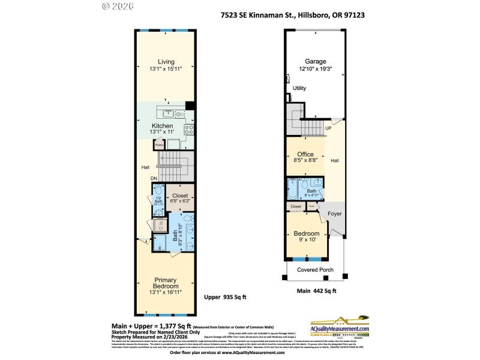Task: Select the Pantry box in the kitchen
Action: (159, 144)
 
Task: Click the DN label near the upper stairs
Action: (154, 178)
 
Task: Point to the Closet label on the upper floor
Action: (180, 196)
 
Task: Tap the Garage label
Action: (315, 61)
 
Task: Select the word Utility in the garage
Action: (299, 88)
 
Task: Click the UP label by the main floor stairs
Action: (328, 128)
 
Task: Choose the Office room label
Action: (305, 154)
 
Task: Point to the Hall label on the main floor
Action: (334, 160)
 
